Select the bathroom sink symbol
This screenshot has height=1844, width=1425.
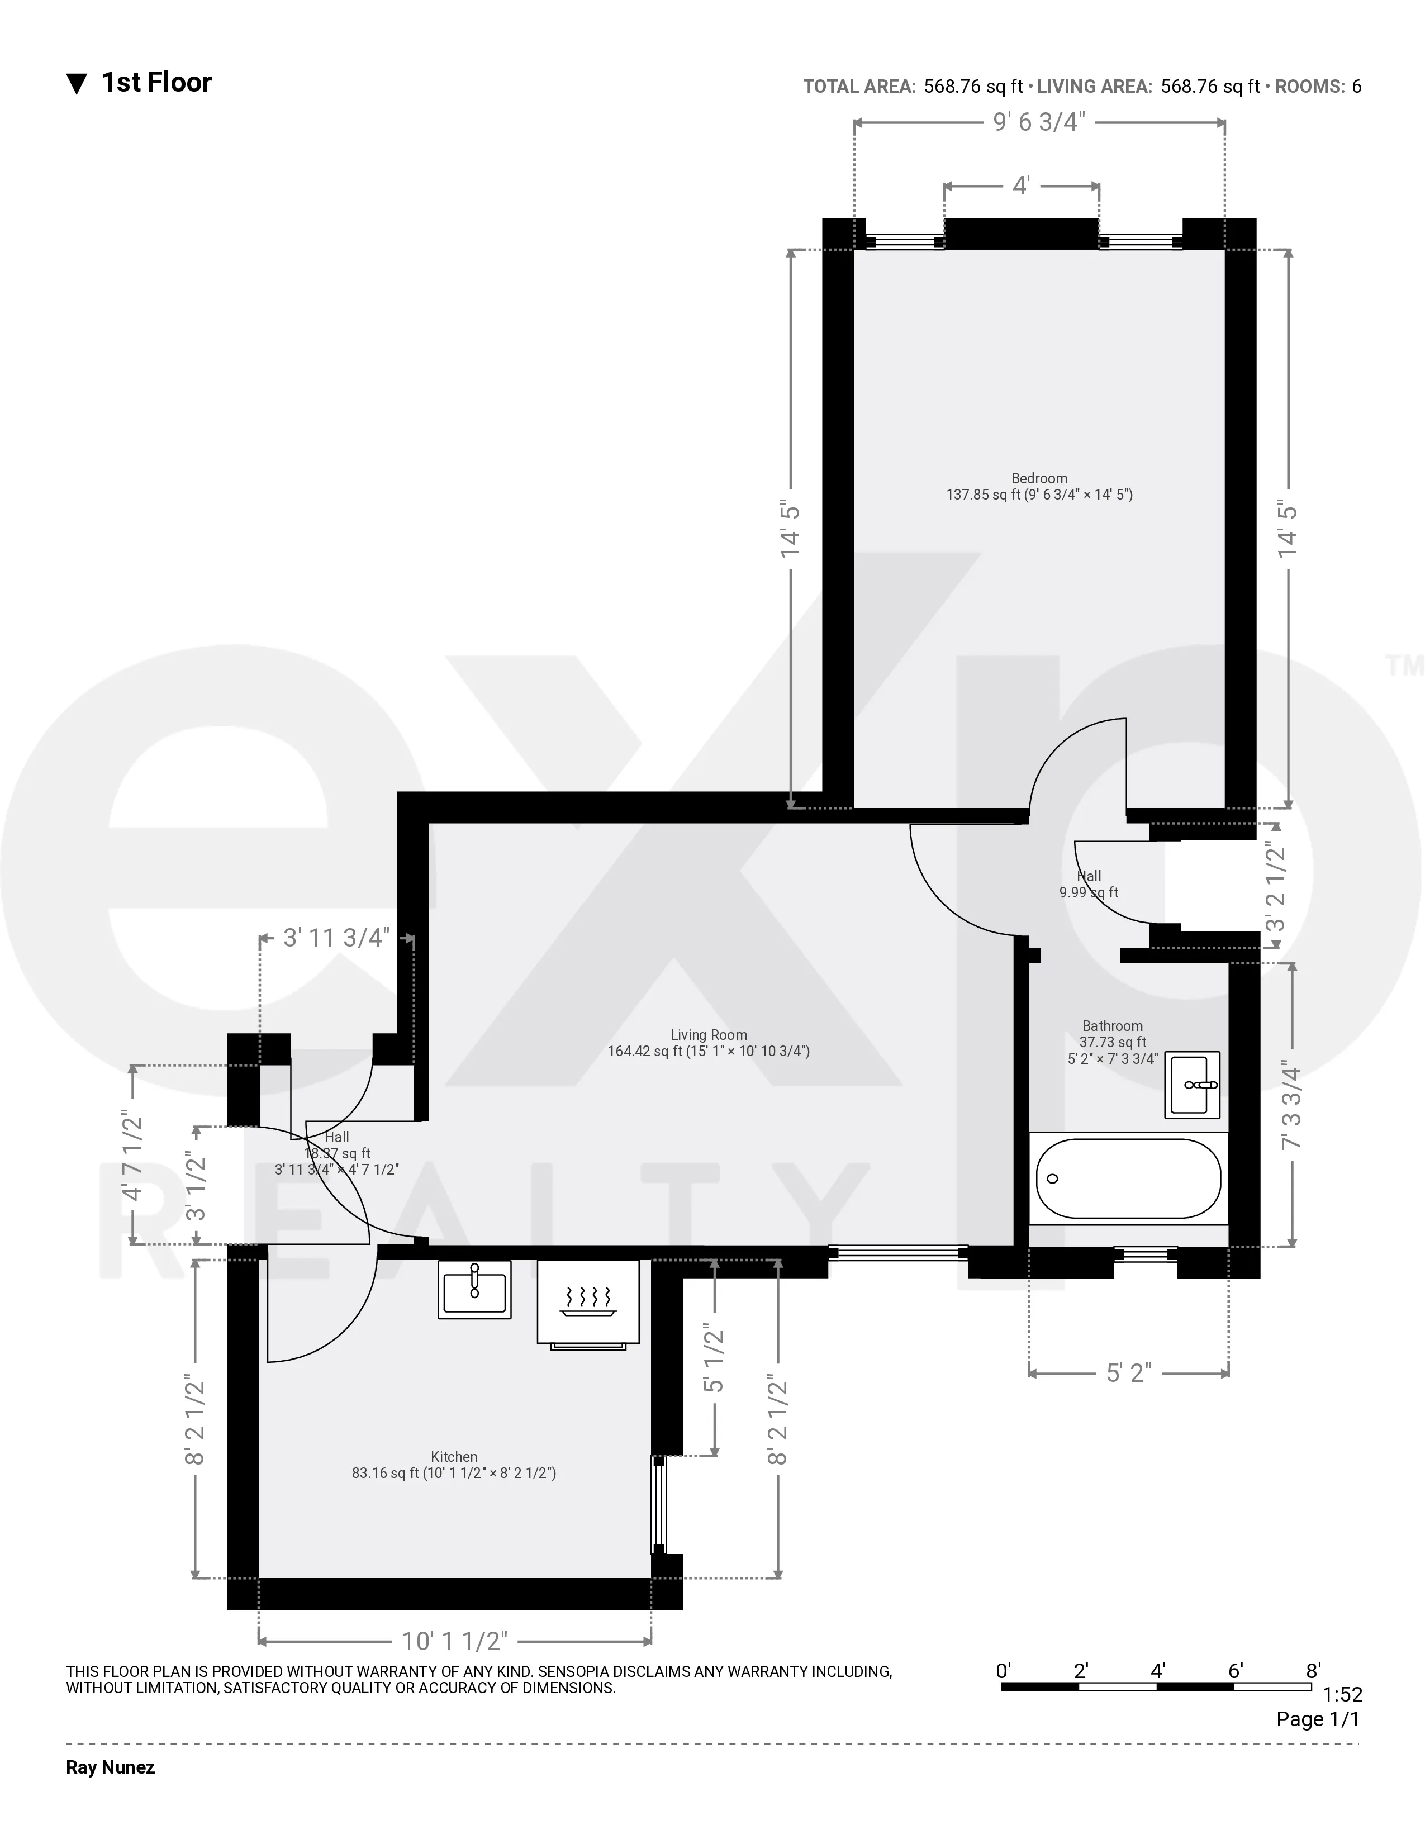[1192, 1085]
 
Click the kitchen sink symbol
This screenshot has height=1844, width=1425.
[474, 1289]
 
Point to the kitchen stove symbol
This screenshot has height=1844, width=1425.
[588, 1301]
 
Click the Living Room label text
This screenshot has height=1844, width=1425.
[708, 1034]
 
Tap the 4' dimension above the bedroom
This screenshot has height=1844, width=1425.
[1020, 186]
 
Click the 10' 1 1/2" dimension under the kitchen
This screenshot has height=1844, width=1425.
[454, 1641]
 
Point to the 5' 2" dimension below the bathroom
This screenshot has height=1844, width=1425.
[1128, 1373]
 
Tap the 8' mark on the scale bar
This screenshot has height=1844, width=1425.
[1313, 1670]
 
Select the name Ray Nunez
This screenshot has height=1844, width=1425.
[111, 1767]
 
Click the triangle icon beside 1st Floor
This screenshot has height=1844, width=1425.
[77, 84]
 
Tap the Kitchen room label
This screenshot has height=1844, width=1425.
[454, 1456]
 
